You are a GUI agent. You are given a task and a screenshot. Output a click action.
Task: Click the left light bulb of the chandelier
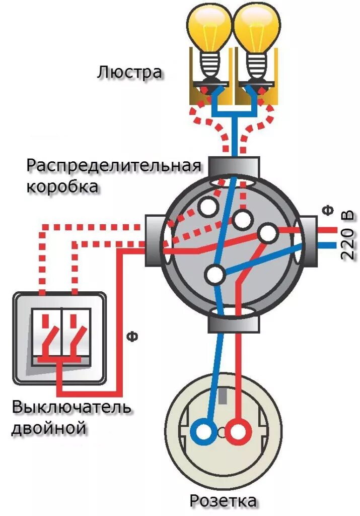click(x=209, y=28)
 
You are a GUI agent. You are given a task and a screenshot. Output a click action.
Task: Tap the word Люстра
click(x=130, y=72)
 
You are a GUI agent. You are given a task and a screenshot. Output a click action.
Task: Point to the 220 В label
click(x=347, y=235)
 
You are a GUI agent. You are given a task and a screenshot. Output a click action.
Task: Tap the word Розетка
click(x=223, y=501)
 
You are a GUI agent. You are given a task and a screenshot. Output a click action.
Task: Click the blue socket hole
click(x=204, y=432)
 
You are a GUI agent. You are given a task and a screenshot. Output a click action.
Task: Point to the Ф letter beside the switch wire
click(x=132, y=336)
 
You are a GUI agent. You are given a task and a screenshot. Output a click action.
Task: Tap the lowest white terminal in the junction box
click(x=215, y=275)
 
